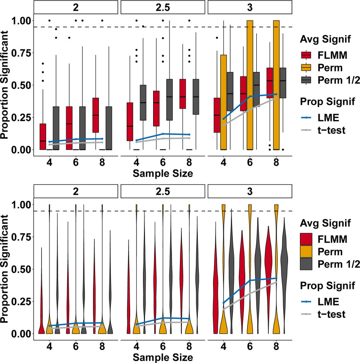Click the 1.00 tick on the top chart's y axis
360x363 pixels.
pyautogui.click(x=22, y=21)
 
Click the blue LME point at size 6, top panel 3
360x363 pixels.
pyautogui.click(x=250, y=97)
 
